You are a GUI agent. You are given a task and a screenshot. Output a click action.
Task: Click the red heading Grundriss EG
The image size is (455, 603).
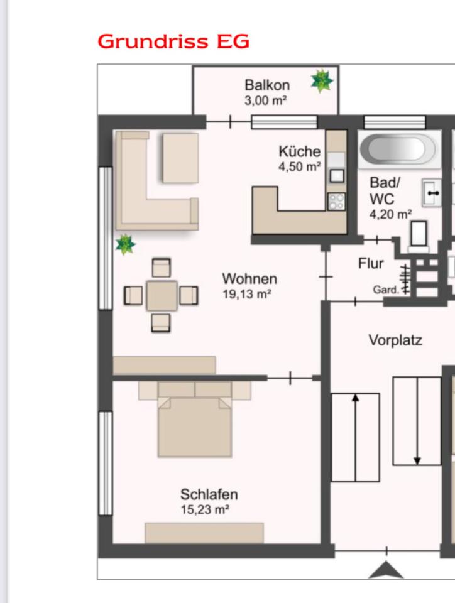coord(173,41)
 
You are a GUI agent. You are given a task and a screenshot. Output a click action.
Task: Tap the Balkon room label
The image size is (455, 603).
coord(267,85)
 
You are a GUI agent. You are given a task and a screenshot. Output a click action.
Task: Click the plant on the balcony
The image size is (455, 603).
coord(322,81)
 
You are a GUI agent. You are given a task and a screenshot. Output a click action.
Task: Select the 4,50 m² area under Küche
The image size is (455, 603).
coord(300,167)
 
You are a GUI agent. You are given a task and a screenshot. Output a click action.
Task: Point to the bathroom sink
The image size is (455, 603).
coord(431,193)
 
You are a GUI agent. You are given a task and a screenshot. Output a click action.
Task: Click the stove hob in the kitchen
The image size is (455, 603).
coord(337,202)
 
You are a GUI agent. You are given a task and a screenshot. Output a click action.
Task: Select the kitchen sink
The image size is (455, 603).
coord(337,176)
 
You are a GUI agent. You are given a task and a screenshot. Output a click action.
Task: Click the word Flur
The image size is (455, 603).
coord(371,263)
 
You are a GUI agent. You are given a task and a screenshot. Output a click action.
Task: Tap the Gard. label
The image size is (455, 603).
coord(386,290)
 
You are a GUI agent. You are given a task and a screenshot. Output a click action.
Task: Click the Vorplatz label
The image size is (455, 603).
coord(395,340)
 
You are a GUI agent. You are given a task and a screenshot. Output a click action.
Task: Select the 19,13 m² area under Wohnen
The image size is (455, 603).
coord(247,295)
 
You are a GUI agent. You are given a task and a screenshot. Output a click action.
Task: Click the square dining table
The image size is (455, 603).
coord(162,295)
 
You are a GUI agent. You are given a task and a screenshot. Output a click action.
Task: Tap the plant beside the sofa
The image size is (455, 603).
coord(126,244)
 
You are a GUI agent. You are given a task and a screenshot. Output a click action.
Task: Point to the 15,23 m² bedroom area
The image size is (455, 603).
coord(205,510)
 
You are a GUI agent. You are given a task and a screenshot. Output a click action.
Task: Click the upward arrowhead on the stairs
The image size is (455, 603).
coord(355,398)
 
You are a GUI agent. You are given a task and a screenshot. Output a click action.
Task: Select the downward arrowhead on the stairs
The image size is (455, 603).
coord(417,460)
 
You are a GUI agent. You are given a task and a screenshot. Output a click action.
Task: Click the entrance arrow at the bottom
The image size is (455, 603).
coord(386,570)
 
